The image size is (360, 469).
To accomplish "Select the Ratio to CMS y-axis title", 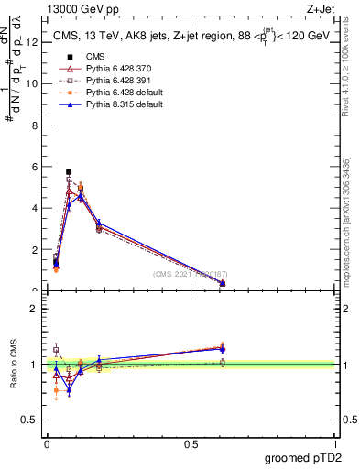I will coord(14,365).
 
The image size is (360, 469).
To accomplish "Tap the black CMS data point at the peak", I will coord(69,172).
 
